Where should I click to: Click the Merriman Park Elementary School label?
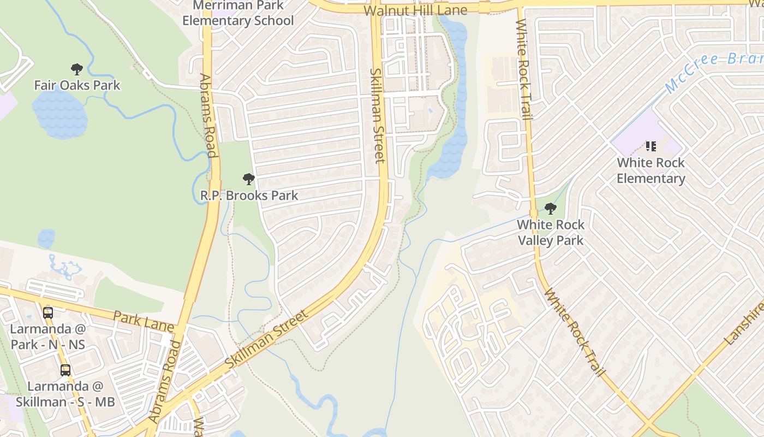point(238,14)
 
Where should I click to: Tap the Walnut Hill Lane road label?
point(415,10)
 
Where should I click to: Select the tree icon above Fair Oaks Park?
point(77,69)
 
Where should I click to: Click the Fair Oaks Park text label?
point(77,85)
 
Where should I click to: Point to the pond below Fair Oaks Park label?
point(60,114)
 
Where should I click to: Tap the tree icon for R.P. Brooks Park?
point(249,179)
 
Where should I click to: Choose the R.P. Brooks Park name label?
point(249,196)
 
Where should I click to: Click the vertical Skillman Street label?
point(378,115)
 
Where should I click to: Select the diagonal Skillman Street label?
point(267,339)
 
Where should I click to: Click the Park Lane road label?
point(144,322)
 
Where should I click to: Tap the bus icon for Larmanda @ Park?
point(48,312)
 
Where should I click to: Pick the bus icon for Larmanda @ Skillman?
point(65,370)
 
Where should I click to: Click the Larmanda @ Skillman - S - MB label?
point(65,394)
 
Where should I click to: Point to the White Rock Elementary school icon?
point(650,146)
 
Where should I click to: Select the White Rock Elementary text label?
point(650,170)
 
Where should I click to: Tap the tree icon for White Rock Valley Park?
point(551,208)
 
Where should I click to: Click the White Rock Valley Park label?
point(551,232)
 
